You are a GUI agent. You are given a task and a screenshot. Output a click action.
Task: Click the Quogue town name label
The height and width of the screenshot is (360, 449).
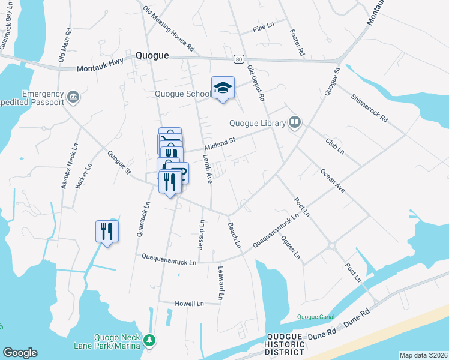click(x=152, y=55)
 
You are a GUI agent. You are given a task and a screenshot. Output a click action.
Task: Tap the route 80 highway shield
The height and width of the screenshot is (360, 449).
click(x=239, y=59)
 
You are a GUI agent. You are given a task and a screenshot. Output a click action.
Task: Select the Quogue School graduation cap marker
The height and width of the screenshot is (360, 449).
click(x=223, y=88)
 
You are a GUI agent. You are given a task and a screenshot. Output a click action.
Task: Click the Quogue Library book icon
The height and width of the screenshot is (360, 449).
click(x=295, y=123)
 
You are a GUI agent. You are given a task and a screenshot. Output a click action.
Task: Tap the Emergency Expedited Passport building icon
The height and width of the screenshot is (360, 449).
click(x=73, y=96)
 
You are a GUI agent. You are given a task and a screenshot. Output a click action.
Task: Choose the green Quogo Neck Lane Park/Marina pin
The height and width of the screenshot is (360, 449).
click(x=149, y=341)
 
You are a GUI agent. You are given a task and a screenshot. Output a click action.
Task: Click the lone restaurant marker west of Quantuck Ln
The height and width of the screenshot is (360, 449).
click(x=107, y=231)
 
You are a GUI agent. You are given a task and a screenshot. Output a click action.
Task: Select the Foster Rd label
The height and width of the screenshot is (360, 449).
click(x=297, y=43)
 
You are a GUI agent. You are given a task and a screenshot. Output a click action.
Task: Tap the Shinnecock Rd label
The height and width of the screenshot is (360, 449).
click(x=370, y=109)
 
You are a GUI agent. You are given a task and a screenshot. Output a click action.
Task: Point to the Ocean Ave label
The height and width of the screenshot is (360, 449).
click(x=332, y=179)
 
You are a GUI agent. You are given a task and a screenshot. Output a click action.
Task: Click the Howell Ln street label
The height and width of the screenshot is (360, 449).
click(x=189, y=304)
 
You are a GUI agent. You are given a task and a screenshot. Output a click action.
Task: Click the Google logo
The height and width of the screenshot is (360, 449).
click(x=20, y=352)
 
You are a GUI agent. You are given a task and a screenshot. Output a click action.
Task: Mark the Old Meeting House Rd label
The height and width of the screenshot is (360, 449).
click(x=169, y=28)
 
